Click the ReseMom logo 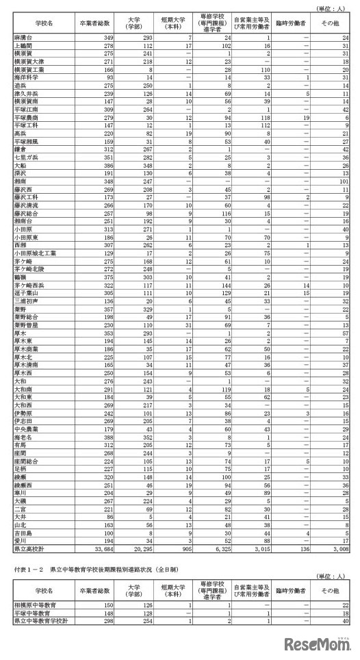[x=321, y=643]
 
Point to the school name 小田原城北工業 [x=32, y=252]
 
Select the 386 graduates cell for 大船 [x=103, y=166]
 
